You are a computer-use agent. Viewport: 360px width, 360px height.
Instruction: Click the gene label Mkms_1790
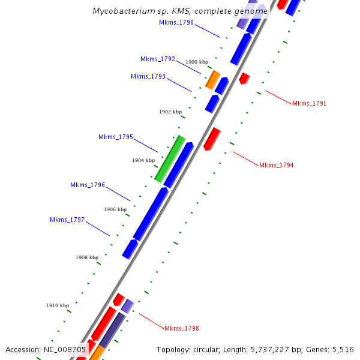(176, 22)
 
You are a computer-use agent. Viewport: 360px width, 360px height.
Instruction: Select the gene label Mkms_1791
(309, 103)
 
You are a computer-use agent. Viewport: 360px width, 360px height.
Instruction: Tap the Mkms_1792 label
(158, 59)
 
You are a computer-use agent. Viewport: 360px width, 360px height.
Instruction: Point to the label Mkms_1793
(148, 76)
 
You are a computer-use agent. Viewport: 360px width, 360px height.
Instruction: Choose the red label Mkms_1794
(276, 165)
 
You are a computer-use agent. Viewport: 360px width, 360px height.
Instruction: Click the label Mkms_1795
(116, 137)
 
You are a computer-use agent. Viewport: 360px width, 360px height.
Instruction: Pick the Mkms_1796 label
(88, 185)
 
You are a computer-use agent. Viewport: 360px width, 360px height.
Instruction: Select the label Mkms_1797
(67, 220)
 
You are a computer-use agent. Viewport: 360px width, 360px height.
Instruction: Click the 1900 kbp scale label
(197, 62)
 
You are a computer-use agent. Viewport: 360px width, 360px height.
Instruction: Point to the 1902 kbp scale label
(170, 112)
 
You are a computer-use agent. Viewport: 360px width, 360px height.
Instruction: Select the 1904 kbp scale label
(143, 160)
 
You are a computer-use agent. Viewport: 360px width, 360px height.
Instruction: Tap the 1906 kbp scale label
(115, 209)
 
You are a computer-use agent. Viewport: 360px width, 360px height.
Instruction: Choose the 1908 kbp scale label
(87, 257)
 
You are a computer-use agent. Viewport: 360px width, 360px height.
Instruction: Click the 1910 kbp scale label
(58, 305)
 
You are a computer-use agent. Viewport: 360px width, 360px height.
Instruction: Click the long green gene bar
(169, 158)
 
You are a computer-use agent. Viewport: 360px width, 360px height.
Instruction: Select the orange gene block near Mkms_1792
(213, 79)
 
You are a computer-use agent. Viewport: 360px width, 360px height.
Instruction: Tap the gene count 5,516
(342, 349)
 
